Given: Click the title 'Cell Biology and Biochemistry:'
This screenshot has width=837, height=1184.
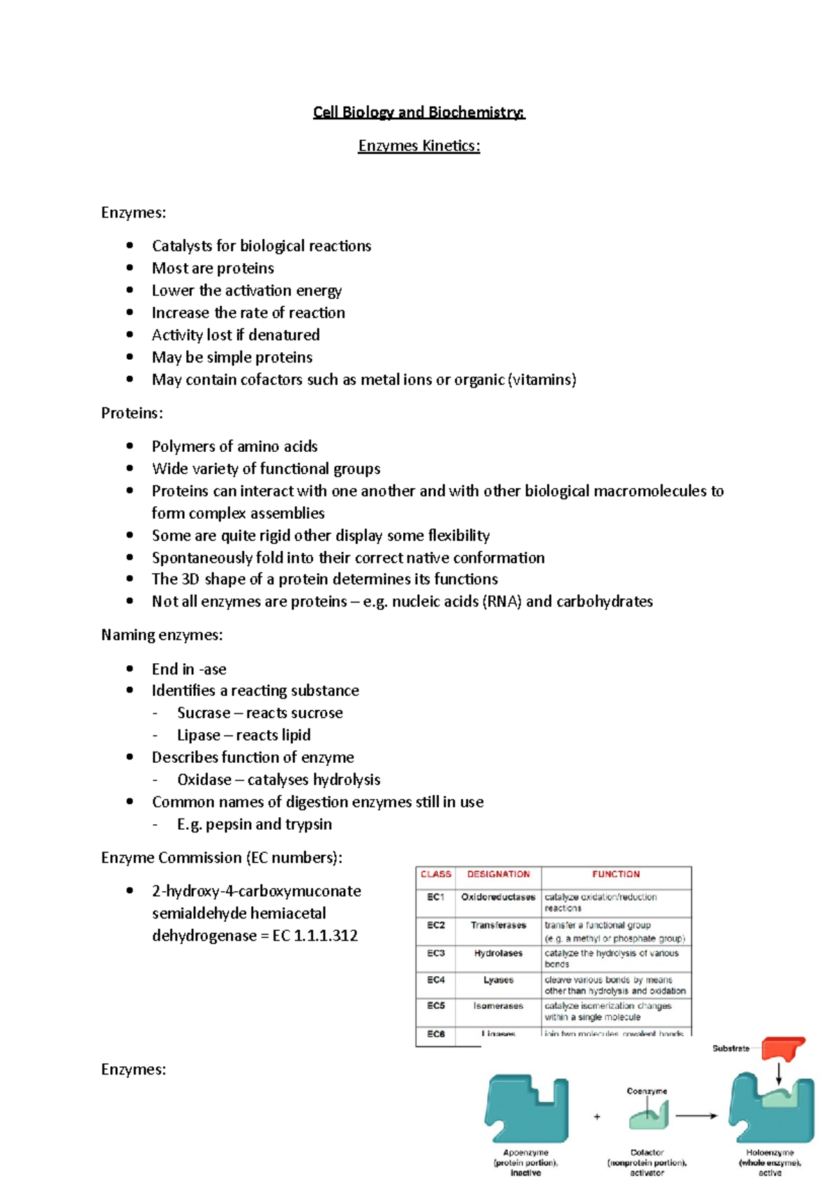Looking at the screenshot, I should click(418, 112).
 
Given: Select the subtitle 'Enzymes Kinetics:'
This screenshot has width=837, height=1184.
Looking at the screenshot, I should click(418, 146).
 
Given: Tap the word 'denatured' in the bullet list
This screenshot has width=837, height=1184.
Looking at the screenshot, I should click(284, 335).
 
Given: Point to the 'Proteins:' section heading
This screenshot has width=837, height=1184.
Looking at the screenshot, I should click(132, 413).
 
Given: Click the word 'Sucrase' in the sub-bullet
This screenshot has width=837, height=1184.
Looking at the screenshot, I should click(204, 713).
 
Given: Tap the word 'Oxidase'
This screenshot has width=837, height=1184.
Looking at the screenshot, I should click(204, 780).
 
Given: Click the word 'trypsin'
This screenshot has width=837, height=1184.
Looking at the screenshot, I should click(308, 824).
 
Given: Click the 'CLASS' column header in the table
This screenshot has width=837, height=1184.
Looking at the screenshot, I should click(436, 874).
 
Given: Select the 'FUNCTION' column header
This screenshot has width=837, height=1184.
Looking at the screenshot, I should click(616, 874).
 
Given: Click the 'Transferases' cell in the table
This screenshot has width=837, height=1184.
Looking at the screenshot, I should click(498, 925).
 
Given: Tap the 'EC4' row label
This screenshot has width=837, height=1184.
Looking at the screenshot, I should click(436, 980).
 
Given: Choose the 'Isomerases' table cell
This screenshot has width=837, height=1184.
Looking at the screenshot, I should click(498, 1006).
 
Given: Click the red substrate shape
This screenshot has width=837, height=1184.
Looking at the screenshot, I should click(783, 1049).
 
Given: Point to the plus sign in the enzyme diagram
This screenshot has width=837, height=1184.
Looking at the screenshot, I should click(597, 1116).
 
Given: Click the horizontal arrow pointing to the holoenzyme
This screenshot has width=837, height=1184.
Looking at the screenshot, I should click(696, 1116).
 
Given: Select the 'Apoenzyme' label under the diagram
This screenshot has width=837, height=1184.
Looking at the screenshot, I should click(526, 1153).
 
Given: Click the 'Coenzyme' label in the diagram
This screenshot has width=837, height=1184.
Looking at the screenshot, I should click(647, 1091).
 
